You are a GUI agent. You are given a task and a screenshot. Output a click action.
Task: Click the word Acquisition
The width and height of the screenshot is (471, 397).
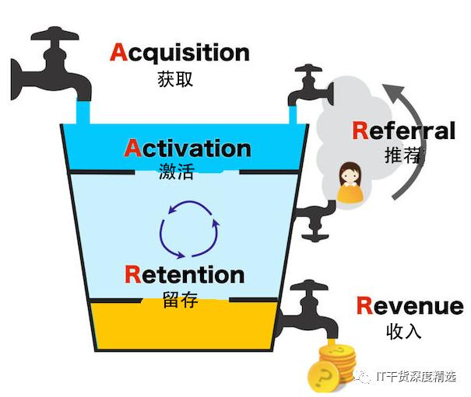[180, 53]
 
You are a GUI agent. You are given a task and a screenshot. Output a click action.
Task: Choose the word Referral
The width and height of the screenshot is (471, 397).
[403, 130]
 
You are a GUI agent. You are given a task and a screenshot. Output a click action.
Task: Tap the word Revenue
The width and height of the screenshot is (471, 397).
[409, 306]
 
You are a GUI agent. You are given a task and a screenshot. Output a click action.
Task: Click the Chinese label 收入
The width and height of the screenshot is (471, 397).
[403, 331]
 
